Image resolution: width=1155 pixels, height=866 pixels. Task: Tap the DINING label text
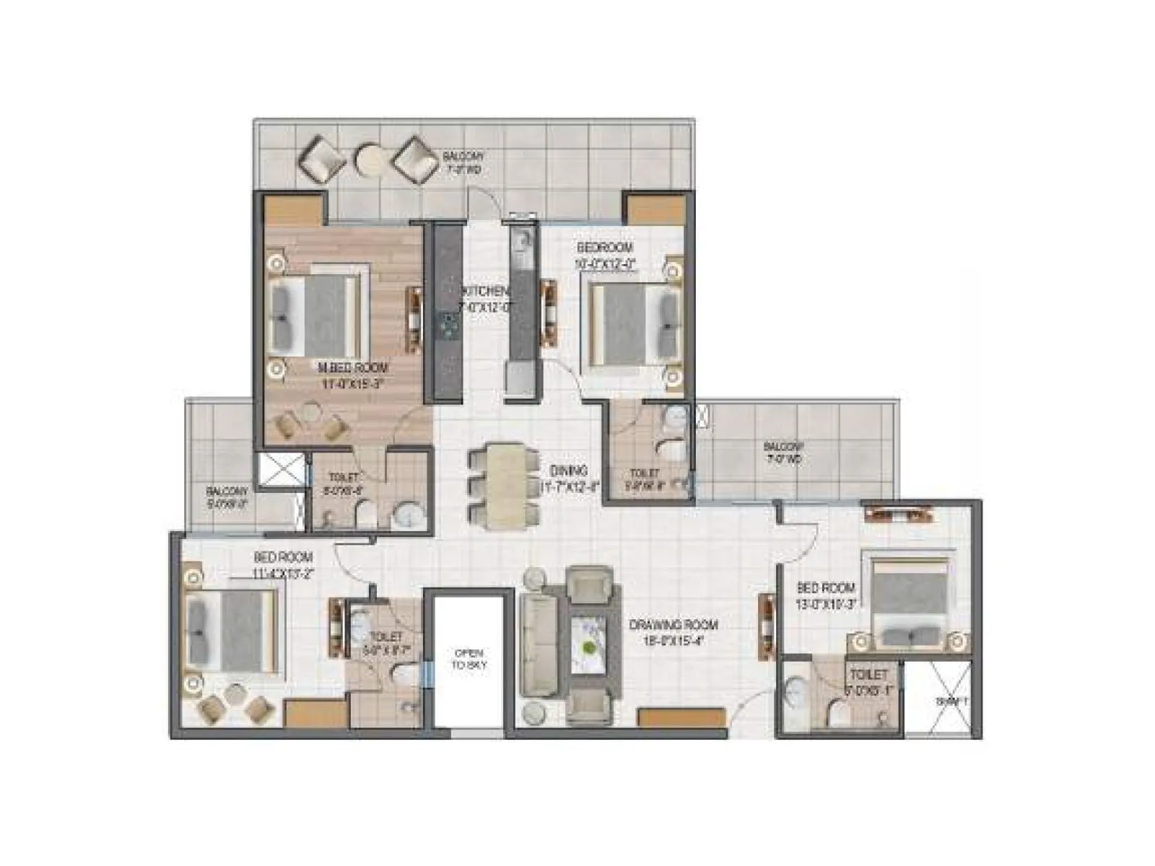click(x=568, y=471)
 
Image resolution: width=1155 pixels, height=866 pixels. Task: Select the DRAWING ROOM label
click(x=674, y=625)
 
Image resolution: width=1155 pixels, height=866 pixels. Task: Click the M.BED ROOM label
click(x=353, y=368)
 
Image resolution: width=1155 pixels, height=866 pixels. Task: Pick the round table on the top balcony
click(x=372, y=159)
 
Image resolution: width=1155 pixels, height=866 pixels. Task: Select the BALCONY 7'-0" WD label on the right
click(x=783, y=452)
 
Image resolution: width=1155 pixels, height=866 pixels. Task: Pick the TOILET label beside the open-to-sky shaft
click(x=385, y=637)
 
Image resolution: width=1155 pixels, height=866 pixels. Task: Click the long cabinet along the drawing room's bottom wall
click(x=681, y=718)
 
